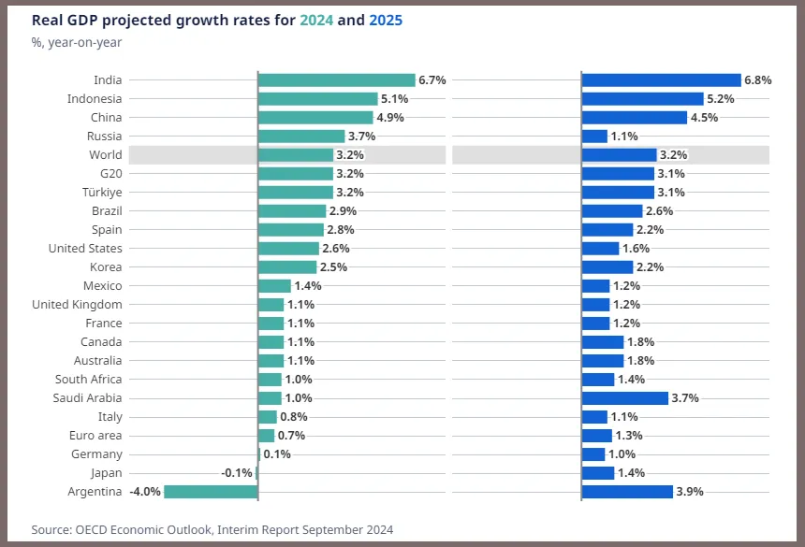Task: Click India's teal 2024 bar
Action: [337, 80]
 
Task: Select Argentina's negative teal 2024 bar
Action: [211, 492]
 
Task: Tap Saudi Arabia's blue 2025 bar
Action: [624, 397]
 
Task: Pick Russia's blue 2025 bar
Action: [594, 137]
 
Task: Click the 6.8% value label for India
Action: [758, 80]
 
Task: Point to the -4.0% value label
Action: [145, 492]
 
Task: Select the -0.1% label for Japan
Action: [237, 473]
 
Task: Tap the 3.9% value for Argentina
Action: [690, 492]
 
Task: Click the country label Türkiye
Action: [102, 193]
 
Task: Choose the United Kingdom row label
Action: [77, 305]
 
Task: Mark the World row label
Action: [106, 155]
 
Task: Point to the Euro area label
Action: [95, 435]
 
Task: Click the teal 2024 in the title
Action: [316, 21]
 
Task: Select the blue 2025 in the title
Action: [386, 21]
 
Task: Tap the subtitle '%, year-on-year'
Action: [77, 43]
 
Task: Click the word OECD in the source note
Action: [92, 529]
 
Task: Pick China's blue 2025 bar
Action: [634, 118]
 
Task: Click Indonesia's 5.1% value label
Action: [394, 99]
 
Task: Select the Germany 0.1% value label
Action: [277, 454]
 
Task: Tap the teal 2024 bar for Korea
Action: [287, 267]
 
